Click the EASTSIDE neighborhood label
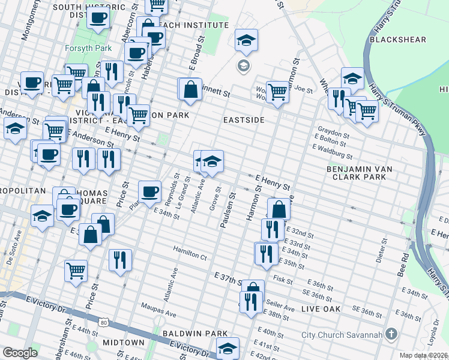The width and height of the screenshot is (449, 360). click(244, 120)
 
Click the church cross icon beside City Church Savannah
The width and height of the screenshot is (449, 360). click(391, 333)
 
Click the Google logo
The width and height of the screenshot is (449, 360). click(20, 353)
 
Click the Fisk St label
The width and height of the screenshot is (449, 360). click(282, 279)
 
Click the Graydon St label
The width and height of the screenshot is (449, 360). click(334, 134)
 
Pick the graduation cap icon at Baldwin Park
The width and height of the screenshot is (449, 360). click(228, 347)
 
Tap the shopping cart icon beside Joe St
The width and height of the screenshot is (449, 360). click(277, 92)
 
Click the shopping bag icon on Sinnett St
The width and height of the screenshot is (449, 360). click(190, 89)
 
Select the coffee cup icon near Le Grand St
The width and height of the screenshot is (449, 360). click(149, 191)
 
